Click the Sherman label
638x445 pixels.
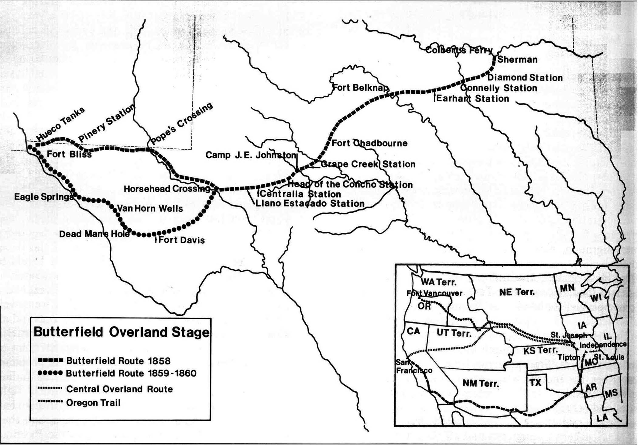point(517,60)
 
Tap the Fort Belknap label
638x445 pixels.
point(360,88)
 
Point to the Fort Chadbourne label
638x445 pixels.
point(369,143)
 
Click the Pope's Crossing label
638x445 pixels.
point(182,123)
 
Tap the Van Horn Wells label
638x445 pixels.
point(150,209)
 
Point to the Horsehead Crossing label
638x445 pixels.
point(167,189)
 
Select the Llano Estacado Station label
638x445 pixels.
point(310,203)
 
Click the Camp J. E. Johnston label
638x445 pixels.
point(251,155)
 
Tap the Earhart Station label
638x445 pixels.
point(473,99)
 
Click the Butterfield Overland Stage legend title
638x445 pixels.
point(121,332)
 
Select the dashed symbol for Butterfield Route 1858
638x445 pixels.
point(50,361)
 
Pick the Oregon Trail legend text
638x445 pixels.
point(93,403)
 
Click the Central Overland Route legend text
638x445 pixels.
point(119,389)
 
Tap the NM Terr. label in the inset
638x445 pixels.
point(481,383)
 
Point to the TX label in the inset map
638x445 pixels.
point(535,382)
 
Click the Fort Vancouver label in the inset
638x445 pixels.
point(434,293)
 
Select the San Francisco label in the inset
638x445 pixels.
point(414,367)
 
